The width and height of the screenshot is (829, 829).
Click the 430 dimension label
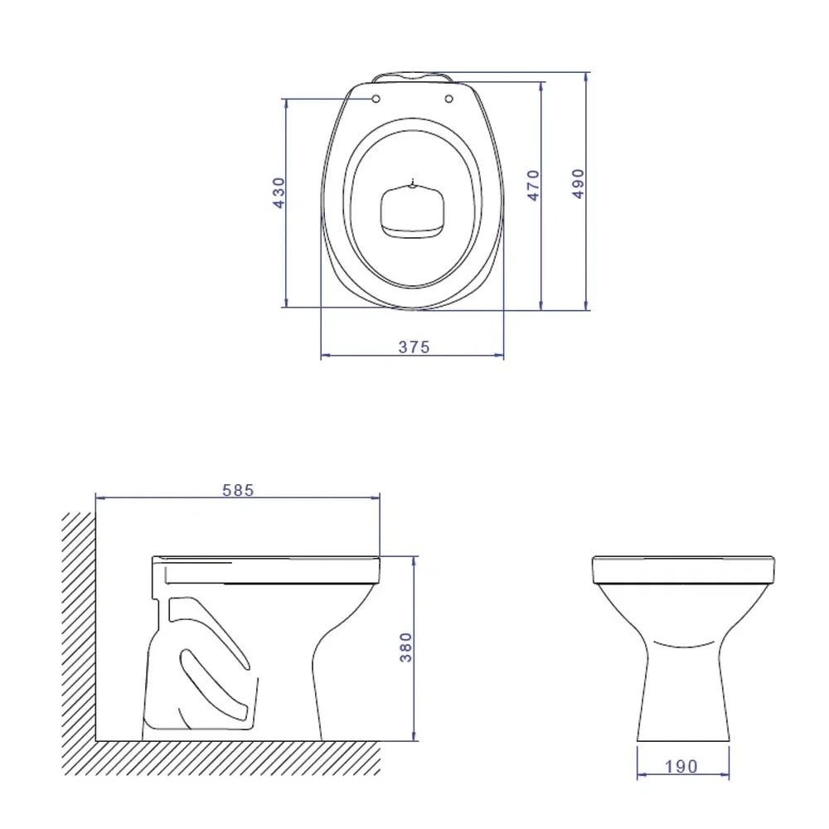(279, 192)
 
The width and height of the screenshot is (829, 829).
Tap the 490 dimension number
(578, 182)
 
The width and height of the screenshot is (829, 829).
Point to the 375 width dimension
(414, 347)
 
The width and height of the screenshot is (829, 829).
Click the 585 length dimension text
(238, 490)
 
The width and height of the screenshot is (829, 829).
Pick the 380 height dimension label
(405, 647)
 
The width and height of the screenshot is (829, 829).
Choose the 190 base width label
(681, 767)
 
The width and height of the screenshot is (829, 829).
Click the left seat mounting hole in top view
(376, 99)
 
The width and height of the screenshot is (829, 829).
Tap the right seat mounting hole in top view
(449, 99)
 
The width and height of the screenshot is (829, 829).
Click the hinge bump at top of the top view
(412, 77)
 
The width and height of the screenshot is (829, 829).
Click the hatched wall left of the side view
(78, 630)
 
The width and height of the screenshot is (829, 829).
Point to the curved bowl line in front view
(683, 642)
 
